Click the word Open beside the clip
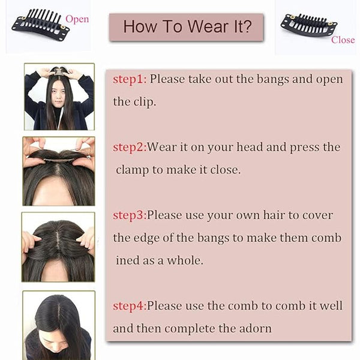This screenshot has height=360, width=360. click(77, 19)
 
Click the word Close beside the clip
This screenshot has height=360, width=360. click(343, 40)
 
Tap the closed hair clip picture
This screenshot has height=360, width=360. click(309, 26)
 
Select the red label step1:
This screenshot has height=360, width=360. click(130, 79)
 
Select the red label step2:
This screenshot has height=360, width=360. click(130, 147)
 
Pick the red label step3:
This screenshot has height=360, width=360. click(130, 215)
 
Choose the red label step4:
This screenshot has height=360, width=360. click(130, 306)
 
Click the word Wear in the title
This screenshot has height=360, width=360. click(209, 26)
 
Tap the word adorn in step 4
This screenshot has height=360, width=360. click(256, 328)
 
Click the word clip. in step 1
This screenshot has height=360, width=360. click(145, 102)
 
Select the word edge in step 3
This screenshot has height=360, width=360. click(146, 238)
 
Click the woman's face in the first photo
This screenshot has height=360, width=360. click(58, 95)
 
